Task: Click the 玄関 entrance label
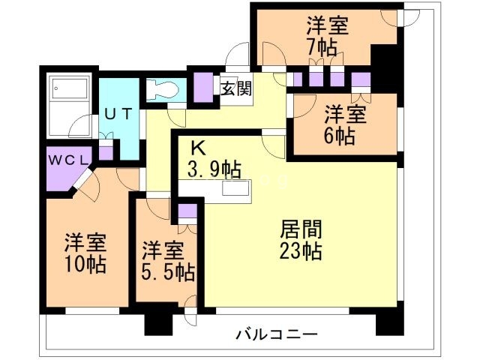[235, 88]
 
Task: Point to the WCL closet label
[69, 160]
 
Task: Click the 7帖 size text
[327, 46]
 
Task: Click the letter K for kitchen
[196, 147]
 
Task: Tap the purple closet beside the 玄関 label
[203, 85]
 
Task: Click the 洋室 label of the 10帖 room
[84, 243]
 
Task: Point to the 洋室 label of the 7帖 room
[327, 25]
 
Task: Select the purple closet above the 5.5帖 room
[187, 210]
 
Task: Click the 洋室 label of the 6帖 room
[345, 115]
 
